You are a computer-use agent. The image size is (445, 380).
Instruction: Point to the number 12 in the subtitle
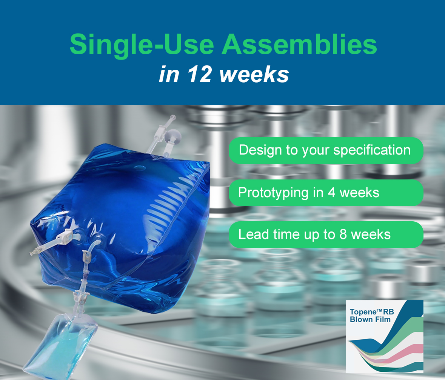click(x=200, y=74)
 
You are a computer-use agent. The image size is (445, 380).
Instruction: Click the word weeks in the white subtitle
click(x=254, y=75)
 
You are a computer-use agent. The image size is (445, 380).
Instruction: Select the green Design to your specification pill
click(x=326, y=150)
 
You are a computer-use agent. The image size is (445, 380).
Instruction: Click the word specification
click(x=372, y=150)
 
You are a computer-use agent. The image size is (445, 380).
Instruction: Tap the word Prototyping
click(x=273, y=193)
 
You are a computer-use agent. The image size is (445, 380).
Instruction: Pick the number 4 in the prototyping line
click(x=331, y=193)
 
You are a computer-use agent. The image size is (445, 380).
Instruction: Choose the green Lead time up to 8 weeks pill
click(x=326, y=234)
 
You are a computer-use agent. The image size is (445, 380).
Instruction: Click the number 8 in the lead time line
click(x=343, y=234)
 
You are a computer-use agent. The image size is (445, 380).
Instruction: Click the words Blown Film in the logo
click(x=370, y=319)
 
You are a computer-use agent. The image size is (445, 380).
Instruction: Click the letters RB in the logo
click(x=388, y=312)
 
